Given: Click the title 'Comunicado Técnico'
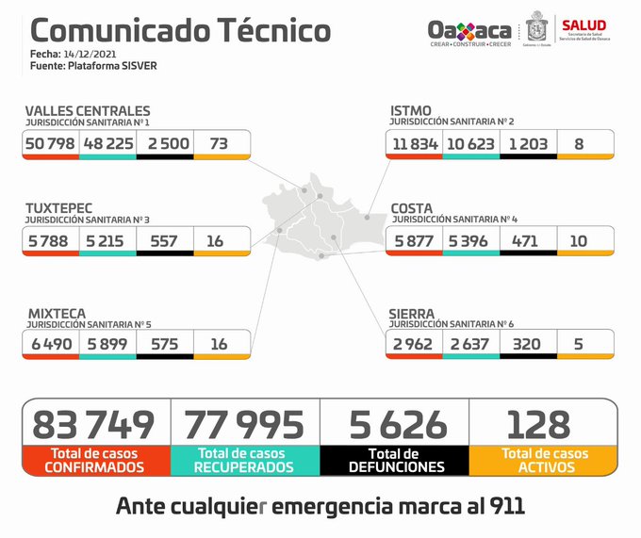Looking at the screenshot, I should (175, 30).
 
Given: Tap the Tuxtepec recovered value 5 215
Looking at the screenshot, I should (107, 241).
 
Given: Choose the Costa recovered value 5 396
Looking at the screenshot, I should (468, 241).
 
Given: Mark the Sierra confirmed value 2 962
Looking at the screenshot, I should (413, 344).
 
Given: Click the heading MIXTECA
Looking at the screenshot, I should (57, 313).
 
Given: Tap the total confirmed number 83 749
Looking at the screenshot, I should (93, 425).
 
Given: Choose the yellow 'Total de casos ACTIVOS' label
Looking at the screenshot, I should (544, 460).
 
